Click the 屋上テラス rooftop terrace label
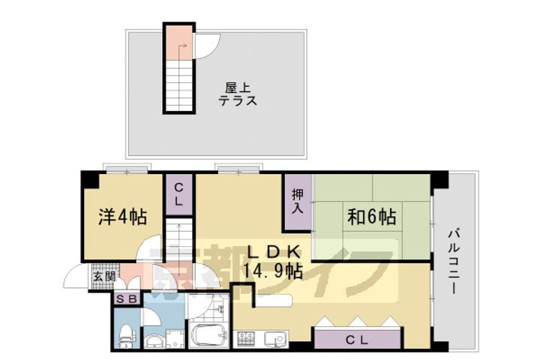(238, 93)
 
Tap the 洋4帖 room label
(122, 217)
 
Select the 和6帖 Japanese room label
(370, 217)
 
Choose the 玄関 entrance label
(103, 276)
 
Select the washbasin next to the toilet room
(154, 339)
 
